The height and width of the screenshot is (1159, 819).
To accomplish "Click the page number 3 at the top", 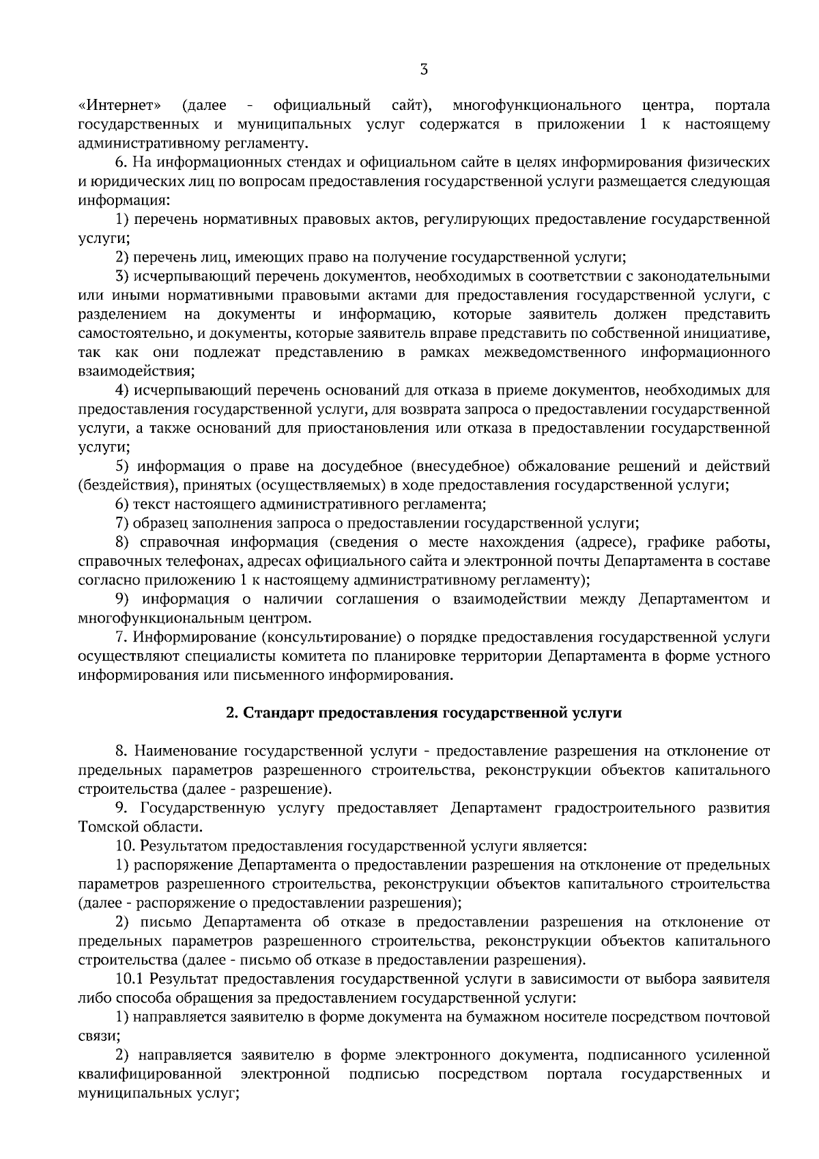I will pyautogui.click(x=424, y=69).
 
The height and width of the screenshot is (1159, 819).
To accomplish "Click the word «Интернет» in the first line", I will pyautogui.click(x=121, y=105).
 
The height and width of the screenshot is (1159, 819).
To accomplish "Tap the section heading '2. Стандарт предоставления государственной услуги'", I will pyautogui.click(x=424, y=713).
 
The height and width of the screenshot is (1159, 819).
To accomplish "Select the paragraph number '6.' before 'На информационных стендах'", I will pyautogui.click(x=121, y=162).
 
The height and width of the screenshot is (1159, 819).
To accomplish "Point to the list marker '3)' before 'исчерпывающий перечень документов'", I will pyautogui.click(x=122, y=276).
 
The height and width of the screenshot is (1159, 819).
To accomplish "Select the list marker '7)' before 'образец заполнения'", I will pyautogui.click(x=122, y=524).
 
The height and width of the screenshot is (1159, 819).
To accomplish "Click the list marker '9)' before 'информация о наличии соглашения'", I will pyautogui.click(x=123, y=599).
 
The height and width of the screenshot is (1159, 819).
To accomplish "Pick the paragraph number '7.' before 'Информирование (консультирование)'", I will pyautogui.click(x=121, y=638).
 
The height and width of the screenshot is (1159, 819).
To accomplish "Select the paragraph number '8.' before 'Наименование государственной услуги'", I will pyautogui.click(x=121, y=752).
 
